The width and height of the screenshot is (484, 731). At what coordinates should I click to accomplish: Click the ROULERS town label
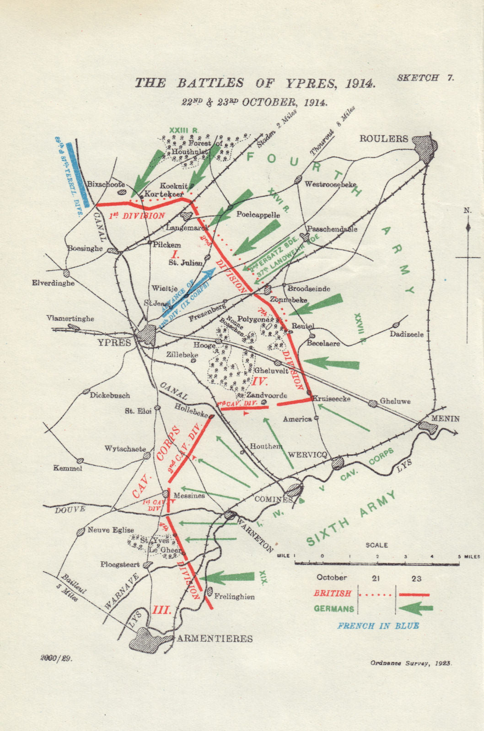click(x=383, y=139)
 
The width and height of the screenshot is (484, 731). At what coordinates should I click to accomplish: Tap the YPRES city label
click(x=114, y=342)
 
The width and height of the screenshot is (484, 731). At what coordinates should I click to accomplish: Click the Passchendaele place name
click(x=332, y=229)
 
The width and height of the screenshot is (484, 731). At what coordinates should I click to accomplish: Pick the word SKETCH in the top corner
click(x=418, y=78)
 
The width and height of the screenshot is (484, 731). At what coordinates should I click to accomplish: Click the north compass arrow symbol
click(x=468, y=227)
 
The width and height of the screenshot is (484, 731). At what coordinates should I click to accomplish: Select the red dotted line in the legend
click(x=375, y=595)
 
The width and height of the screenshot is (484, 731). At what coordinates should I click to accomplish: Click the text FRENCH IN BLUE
click(x=378, y=626)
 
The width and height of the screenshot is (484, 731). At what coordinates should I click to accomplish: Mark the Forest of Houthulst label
click(x=197, y=147)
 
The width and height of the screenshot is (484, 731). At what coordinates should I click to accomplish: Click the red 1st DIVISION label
click(x=137, y=216)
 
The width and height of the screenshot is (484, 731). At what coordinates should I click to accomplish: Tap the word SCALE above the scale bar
click(x=377, y=545)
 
